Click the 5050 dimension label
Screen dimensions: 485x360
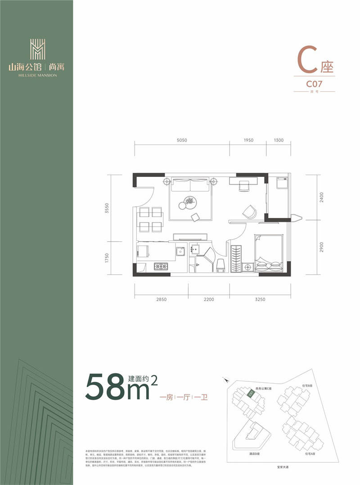(182, 141)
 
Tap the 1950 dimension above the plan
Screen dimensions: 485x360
(248, 141)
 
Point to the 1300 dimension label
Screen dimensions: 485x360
(279, 141)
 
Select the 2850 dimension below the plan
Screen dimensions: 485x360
(161, 299)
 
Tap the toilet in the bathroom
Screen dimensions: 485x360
(221, 265)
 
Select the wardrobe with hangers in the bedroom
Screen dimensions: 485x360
(236, 259)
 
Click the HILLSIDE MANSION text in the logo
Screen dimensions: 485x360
(38, 75)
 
